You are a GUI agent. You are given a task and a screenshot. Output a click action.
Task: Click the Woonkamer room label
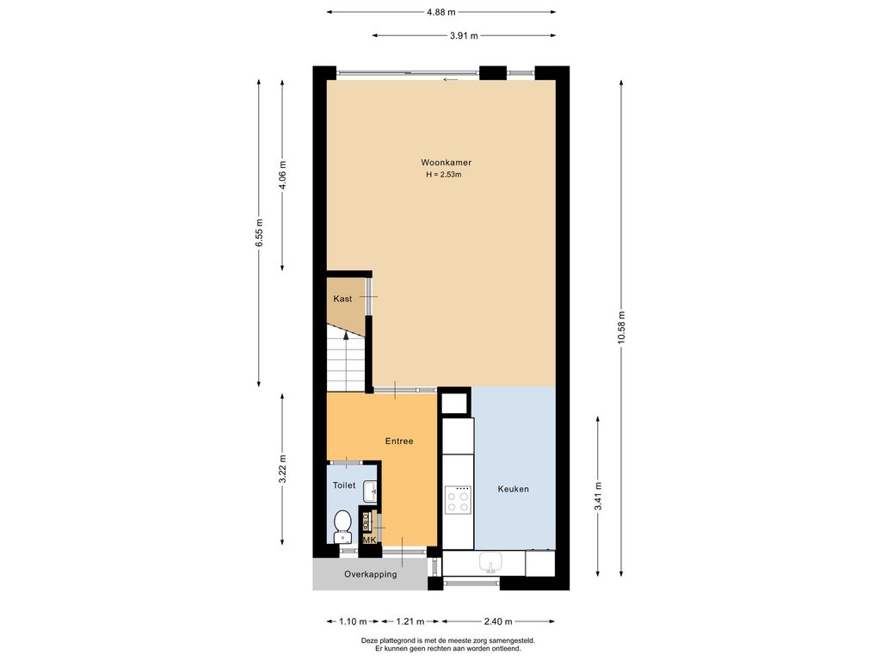(x=447, y=163)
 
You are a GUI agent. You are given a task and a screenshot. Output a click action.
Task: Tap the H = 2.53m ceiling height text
(x=444, y=174)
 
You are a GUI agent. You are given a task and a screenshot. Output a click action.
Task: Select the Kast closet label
(x=342, y=299)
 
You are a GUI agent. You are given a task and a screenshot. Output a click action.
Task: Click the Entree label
(x=399, y=442)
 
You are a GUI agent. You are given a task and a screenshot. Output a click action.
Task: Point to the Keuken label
(x=513, y=489)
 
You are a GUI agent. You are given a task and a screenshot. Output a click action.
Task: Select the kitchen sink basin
(x=490, y=562)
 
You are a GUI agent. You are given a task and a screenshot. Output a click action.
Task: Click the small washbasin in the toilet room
(x=370, y=491)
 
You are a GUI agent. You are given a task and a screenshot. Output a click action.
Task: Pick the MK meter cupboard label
(x=369, y=541)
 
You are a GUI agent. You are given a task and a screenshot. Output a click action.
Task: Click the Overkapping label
(x=370, y=574)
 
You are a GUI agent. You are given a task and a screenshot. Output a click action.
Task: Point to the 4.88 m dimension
(x=441, y=12)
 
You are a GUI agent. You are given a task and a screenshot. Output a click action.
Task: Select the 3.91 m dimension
(x=464, y=35)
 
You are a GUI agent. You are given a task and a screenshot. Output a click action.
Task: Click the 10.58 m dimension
(x=621, y=328)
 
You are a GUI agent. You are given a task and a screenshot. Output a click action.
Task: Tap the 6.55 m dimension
(x=258, y=232)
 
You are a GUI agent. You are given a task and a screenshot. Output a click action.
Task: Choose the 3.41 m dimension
(x=598, y=497)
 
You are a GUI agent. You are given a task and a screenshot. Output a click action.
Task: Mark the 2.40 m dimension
(x=498, y=621)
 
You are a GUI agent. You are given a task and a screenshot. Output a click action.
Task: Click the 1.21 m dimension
(x=410, y=621)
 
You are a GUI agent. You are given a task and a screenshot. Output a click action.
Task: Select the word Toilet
(x=344, y=485)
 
